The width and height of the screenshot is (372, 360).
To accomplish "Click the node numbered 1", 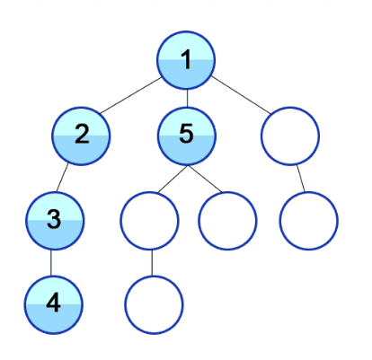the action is point(186,60).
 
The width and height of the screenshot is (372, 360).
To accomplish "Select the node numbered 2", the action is point(81,136).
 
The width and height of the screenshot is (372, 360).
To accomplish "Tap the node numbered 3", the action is point(54,221).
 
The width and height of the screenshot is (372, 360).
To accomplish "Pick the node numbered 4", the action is point(54,305).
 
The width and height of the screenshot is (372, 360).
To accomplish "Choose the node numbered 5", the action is point(186,136).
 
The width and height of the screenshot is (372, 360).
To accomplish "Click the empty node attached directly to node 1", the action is point(290,136).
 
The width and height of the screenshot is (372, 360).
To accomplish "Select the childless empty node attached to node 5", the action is point(227,221).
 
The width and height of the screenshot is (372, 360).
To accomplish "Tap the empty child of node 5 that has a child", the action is point(149,221).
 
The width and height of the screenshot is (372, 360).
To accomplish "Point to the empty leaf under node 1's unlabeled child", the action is point(309,221).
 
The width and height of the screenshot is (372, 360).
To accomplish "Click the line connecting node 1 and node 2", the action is point(131,95).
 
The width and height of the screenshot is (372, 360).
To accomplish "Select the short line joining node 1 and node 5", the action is point(187,98).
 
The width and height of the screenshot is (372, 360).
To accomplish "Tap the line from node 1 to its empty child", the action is point(241,95).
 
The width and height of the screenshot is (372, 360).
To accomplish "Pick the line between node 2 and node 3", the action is point(62,178).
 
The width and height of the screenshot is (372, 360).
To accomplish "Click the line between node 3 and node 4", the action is point(51,263).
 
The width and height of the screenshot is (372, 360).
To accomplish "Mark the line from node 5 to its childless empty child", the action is point(205,179).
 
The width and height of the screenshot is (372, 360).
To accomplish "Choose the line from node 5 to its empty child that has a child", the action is point(173,179).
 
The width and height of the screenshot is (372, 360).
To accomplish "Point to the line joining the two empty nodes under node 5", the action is point(152,263).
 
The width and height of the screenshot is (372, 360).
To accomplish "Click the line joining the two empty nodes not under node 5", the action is point(301,179).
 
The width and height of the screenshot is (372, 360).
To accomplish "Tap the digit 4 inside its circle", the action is point(54,303).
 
